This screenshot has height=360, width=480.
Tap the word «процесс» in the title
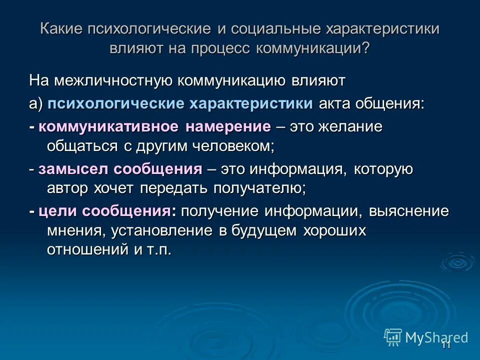219,49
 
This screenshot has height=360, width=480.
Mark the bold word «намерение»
228,127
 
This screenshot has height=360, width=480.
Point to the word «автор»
67,188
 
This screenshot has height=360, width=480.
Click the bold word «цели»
57,211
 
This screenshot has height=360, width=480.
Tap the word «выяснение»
409,211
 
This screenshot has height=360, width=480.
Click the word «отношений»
88,249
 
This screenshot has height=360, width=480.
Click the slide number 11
446,345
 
